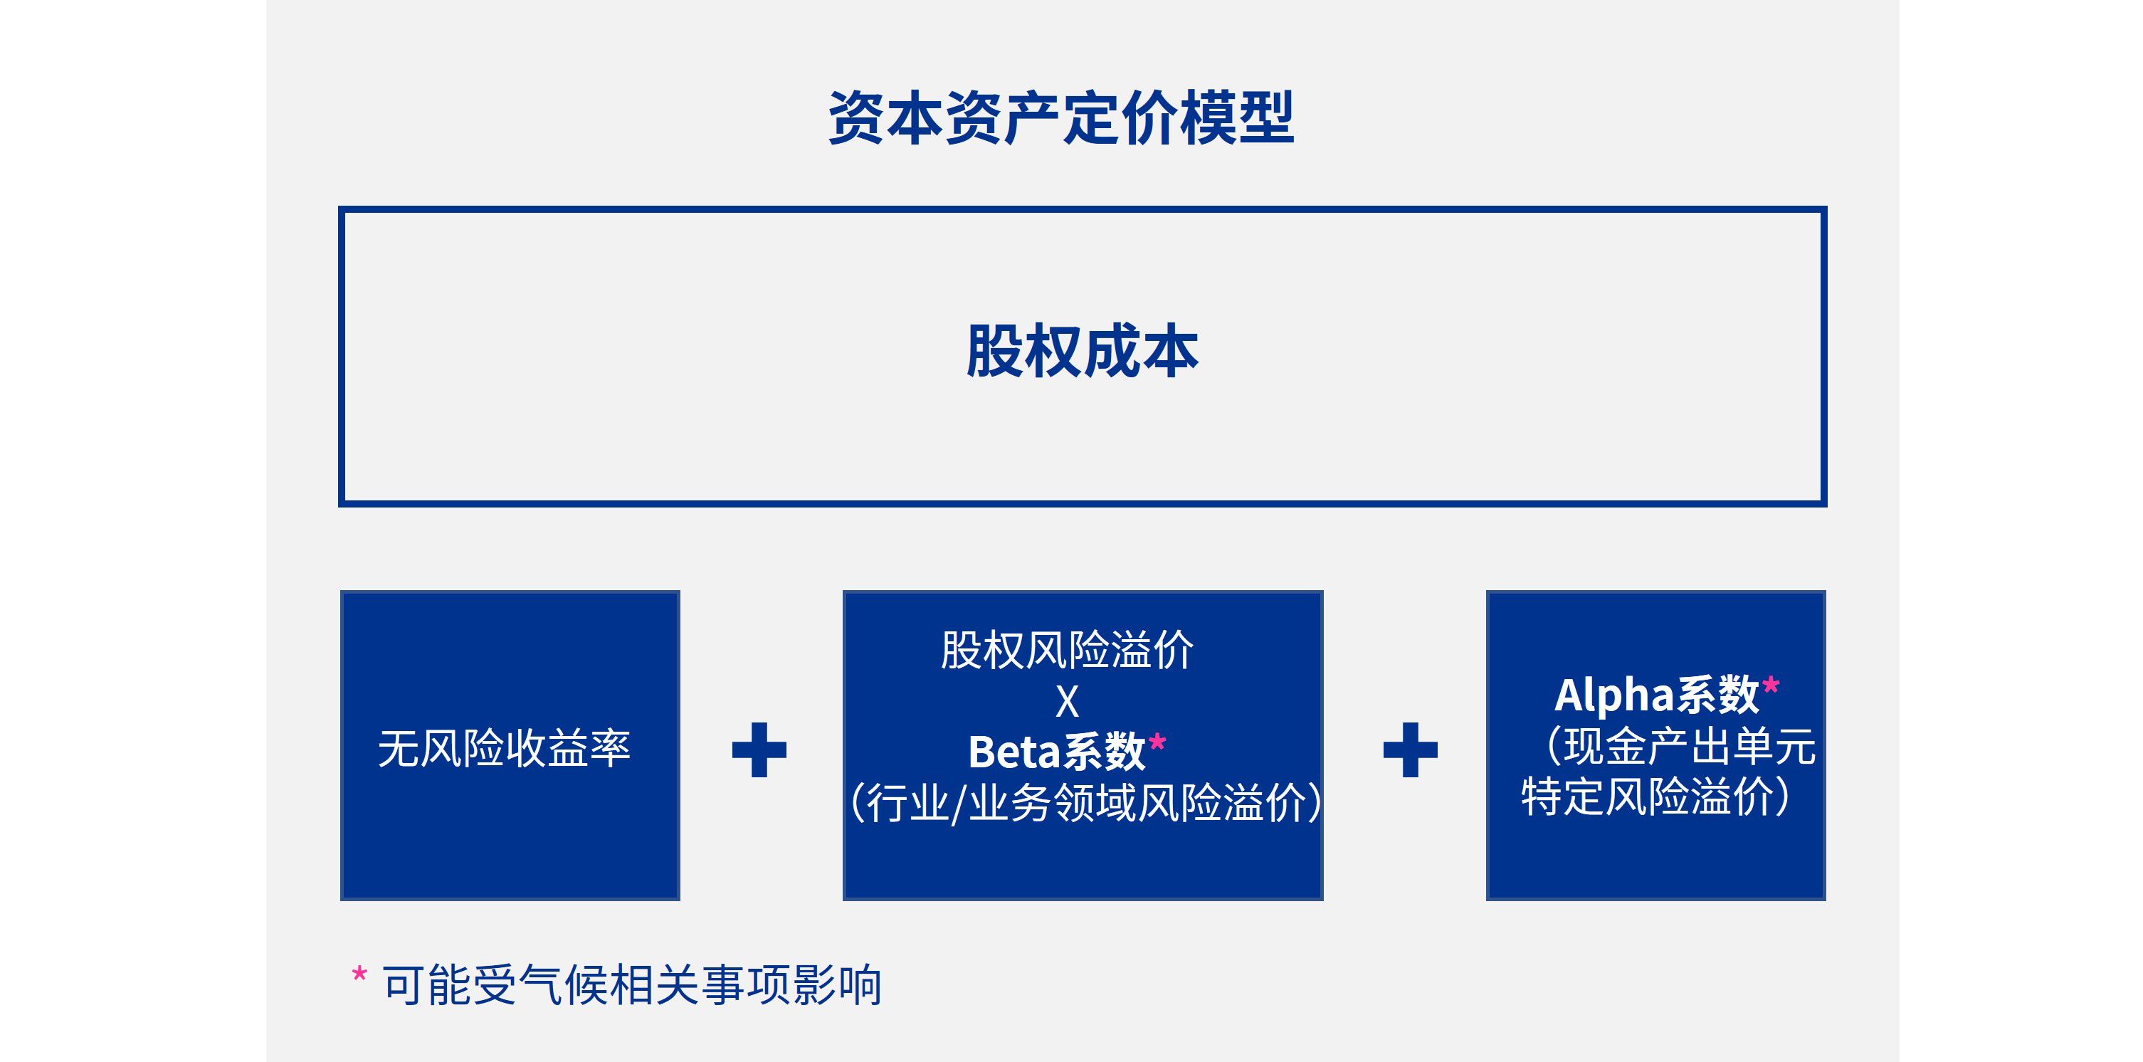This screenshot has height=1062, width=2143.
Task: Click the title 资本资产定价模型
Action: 1061,118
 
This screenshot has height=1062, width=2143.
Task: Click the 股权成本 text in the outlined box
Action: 1083,351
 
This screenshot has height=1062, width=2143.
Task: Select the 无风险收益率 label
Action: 504,747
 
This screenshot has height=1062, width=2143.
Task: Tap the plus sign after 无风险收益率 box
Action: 759,749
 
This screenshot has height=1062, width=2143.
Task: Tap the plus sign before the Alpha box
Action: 1410,749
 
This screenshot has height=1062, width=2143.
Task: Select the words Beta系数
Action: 1056,752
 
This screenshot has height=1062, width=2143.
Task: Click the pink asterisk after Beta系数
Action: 1157,741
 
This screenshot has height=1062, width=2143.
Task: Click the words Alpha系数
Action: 1656,695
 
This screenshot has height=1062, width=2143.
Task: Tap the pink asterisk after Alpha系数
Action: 1770,685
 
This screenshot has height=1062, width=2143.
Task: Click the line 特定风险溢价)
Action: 1655,796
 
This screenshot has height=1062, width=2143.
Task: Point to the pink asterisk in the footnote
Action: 359,974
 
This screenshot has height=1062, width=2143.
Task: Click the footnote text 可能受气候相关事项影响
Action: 632,985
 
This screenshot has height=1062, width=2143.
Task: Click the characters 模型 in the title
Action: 1237,118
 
